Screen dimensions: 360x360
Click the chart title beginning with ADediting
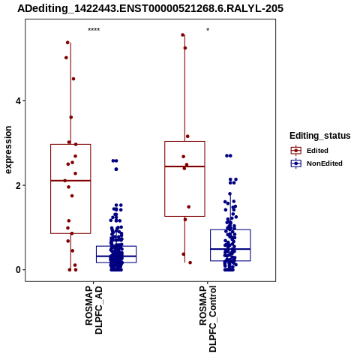point(150,9)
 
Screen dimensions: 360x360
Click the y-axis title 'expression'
point(8,150)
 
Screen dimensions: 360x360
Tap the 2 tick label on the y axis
point(18,185)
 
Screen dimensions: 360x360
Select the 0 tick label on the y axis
point(18,270)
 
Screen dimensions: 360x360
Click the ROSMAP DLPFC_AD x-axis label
point(94,310)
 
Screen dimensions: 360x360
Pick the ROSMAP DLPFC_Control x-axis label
point(208,319)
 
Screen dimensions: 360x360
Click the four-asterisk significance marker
point(94,30)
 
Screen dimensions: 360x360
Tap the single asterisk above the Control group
point(208,30)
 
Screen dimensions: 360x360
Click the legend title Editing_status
point(320,136)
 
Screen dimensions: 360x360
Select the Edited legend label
point(317,151)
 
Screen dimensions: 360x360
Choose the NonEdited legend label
point(325,163)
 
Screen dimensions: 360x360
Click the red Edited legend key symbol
point(296,151)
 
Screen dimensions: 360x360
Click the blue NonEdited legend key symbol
point(296,163)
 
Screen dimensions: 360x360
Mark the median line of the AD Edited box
point(70,181)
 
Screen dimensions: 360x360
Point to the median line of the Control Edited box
point(184,166)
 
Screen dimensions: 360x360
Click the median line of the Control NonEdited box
point(230,249)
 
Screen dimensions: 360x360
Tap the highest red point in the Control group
point(183,35)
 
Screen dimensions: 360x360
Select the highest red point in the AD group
point(67,43)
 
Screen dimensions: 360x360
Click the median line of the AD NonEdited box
point(116,256)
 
